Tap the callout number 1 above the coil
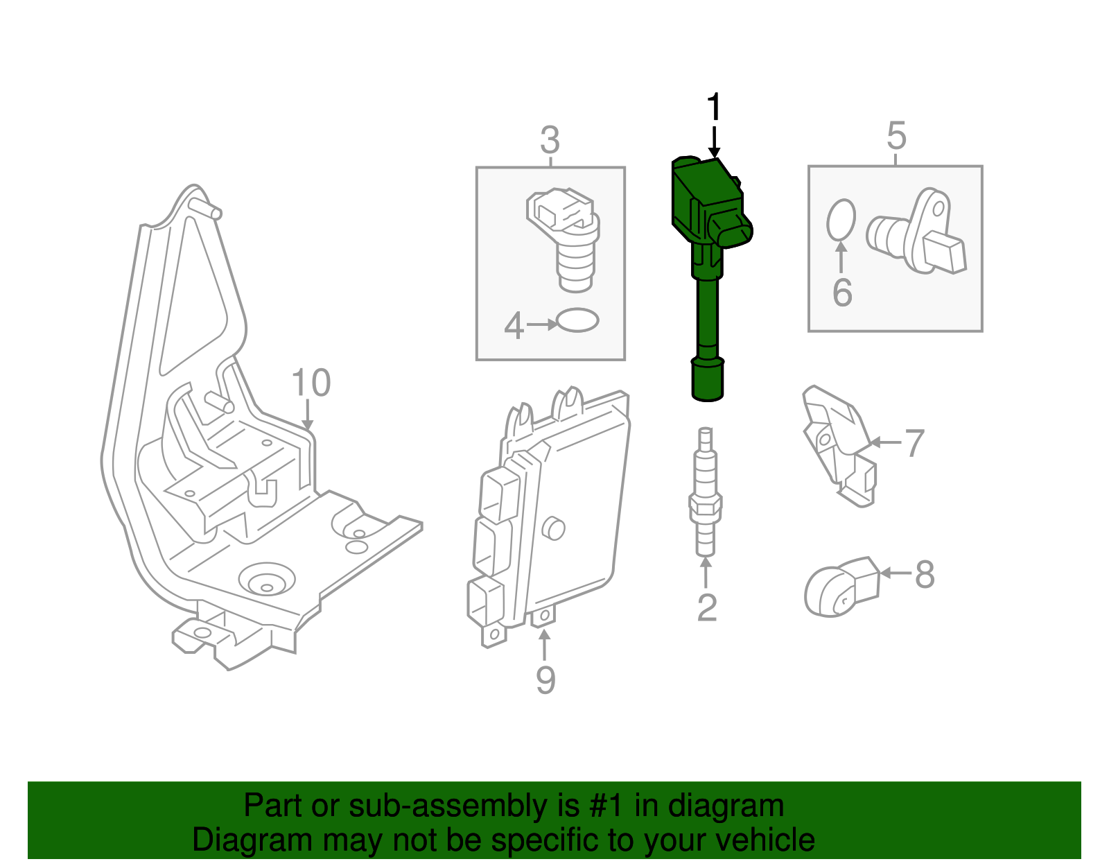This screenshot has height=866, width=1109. coord(714,109)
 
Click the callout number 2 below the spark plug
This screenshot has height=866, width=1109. coord(706,608)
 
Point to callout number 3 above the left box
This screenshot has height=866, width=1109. coord(550,141)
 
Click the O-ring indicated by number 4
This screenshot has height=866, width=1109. coord(577,320)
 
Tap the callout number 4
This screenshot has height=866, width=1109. coord(514,325)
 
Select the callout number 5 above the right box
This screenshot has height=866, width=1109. coord(896,136)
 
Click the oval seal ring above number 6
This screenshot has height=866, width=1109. coord(841,219)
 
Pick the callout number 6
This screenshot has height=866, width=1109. coord(842,293)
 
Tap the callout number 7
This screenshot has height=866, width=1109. coord(915,444)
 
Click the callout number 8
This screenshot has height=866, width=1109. coord(925,575)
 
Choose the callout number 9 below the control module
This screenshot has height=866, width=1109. coord(545,679)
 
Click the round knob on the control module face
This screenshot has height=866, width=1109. coord(553,528)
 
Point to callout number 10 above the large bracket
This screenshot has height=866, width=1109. coord(311,383)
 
